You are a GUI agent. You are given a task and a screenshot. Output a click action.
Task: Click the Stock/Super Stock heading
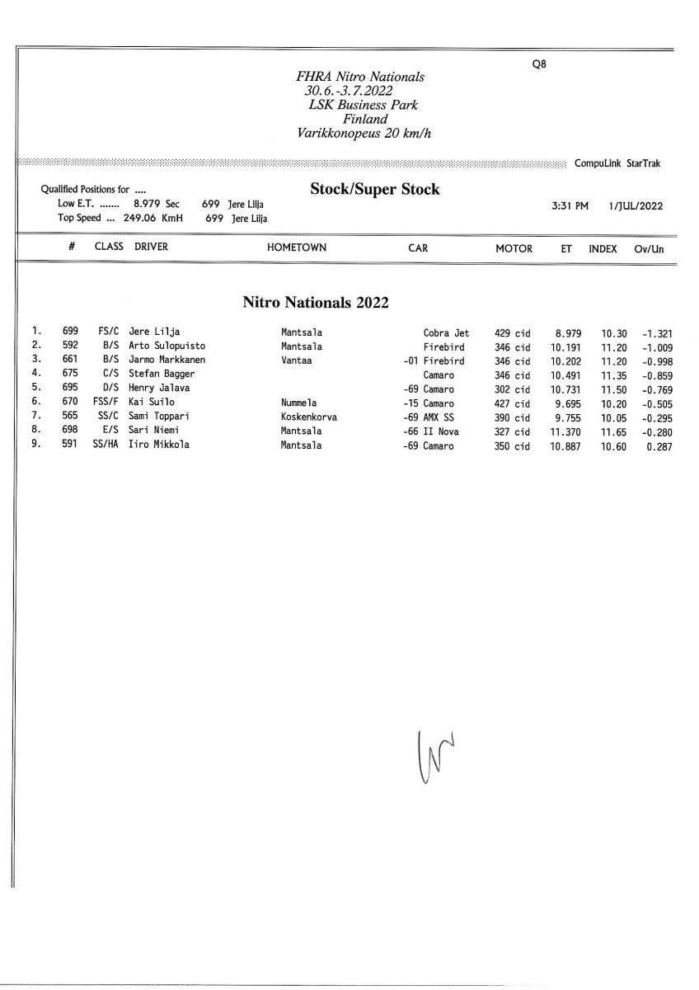(374, 190)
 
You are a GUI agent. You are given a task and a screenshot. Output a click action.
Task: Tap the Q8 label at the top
(539, 65)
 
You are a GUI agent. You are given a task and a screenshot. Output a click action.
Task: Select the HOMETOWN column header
(296, 247)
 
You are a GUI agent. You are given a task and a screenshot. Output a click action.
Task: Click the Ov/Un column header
(649, 248)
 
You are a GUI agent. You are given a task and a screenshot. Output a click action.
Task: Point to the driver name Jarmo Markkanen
(167, 361)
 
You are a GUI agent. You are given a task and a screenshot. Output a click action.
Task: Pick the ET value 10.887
(566, 445)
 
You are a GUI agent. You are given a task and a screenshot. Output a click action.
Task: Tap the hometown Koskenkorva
(308, 417)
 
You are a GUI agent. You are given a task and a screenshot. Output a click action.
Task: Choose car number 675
(70, 375)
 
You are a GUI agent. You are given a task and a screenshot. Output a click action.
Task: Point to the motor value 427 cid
(512, 403)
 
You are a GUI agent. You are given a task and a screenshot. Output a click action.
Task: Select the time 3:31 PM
(570, 206)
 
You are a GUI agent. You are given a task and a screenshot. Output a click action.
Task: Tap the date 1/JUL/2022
(636, 206)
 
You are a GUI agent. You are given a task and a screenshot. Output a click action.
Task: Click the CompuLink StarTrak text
(617, 163)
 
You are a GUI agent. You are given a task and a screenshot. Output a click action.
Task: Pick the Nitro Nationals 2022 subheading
(315, 302)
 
